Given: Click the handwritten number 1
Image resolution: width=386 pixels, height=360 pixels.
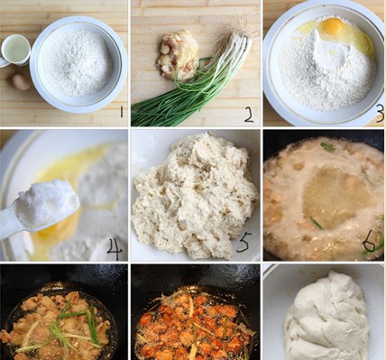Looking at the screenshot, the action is [121, 112].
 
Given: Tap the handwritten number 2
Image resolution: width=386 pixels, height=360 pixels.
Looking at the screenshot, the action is [249, 115].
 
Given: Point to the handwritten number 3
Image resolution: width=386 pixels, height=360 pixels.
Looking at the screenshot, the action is [380, 115].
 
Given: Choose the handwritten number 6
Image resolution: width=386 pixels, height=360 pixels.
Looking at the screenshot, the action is [369, 243].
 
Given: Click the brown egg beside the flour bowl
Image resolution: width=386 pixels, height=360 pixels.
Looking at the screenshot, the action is [21, 82].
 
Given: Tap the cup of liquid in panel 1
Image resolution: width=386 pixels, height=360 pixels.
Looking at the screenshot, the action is [15, 51].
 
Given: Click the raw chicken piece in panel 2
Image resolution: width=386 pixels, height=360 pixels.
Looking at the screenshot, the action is [177, 54].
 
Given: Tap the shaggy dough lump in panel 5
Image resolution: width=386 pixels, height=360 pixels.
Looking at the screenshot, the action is [195, 195].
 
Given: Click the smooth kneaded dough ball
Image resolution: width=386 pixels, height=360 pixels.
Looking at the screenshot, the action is [327, 318].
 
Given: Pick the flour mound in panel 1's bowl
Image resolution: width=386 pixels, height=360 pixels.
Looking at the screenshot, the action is [77, 62].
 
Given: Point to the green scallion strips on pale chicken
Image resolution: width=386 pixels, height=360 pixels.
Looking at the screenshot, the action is [72, 324].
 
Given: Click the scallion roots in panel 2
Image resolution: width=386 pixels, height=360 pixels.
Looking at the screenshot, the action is [243, 25].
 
